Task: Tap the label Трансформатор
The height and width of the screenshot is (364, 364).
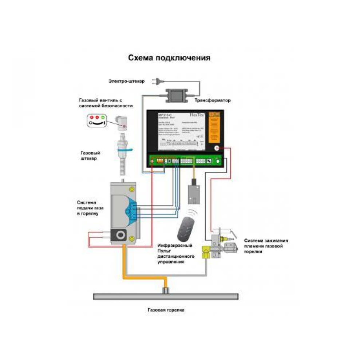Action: pos(213,100)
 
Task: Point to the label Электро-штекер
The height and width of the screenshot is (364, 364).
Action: pos(126,81)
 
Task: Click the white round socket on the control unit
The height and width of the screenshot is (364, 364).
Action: pos(216,148)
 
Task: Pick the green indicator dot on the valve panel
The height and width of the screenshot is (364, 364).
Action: pos(103,117)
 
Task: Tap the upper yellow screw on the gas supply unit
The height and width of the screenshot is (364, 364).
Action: pos(131,189)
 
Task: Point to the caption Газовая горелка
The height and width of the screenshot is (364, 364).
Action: pos(166,310)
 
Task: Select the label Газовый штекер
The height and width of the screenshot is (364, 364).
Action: pos(89,156)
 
